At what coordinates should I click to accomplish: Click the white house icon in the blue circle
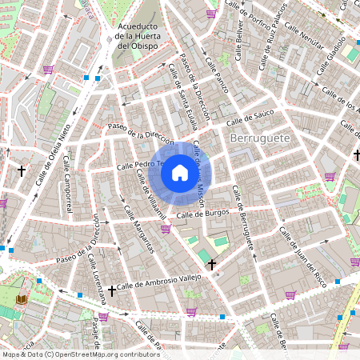tap(180, 172)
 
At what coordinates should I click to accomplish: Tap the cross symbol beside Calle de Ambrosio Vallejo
tap(112, 290)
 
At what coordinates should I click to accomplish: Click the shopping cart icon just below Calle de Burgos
tap(166, 229)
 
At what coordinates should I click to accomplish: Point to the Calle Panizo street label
tap(216, 75)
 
